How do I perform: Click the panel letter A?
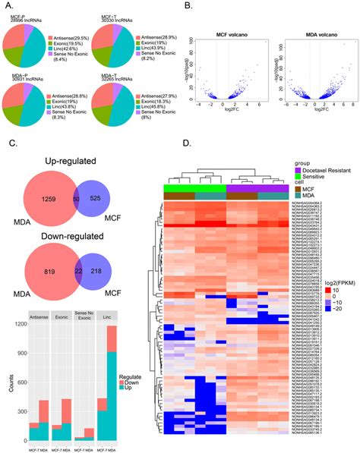point(8,7)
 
